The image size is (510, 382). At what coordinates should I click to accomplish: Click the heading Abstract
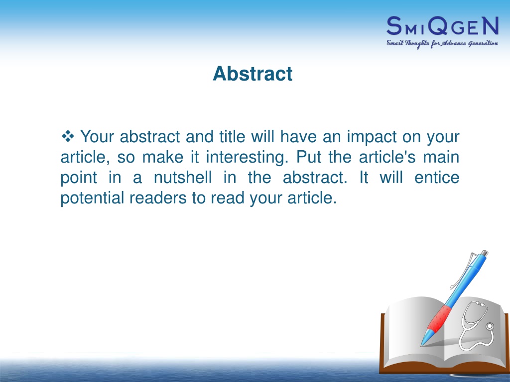pyautogui.click(x=253, y=74)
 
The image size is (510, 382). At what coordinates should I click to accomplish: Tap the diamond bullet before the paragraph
pyautogui.click(x=68, y=136)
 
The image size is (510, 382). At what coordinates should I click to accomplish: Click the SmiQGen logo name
pyautogui.click(x=442, y=26)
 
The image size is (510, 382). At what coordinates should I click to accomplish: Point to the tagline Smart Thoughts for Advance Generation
pyautogui.click(x=442, y=44)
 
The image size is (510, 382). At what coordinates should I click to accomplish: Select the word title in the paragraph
pyautogui.click(x=232, y=136)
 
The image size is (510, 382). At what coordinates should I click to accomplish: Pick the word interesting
pyautogui.click(x=247, y=157)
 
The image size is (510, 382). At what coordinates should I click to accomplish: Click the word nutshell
pyautogui.click(x=183, y=178)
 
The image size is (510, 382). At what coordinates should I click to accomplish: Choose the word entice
pyautogui.click(x=437, y=178)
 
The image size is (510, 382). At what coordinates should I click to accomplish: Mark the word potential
pyautogui.click(x=92, y=198)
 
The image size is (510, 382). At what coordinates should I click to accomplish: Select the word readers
pyautogui.click(x=158, y=198)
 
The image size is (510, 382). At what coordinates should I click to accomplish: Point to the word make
pyautogui.click(x=163, y=157)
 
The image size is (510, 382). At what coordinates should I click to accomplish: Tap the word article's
pyautogui.click(x=387, y=157)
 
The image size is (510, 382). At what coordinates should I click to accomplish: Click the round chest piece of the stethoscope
pyautogui.click(x=489, y=326)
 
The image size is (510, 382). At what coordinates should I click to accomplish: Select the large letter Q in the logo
pyautogui.click(x=437, y=26)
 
